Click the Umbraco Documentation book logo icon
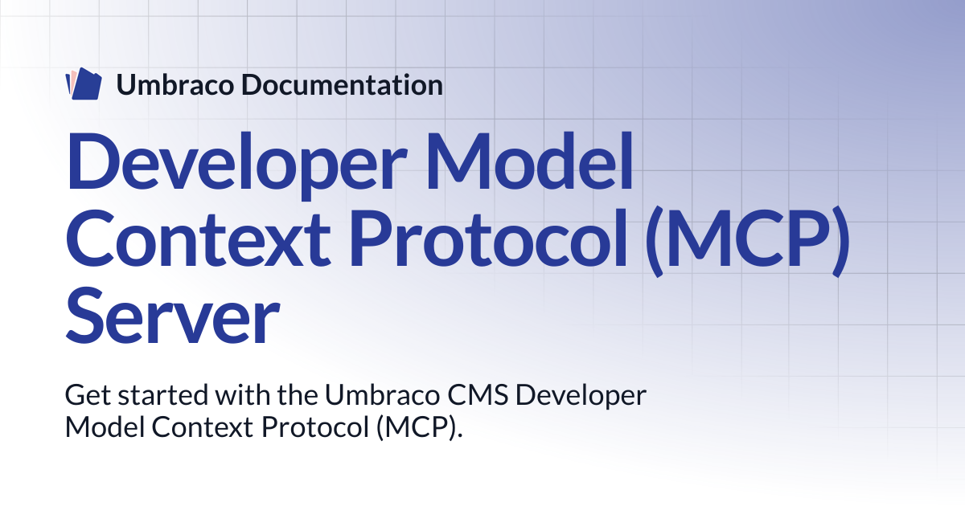tap(84, 84)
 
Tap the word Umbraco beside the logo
tap(175, 85)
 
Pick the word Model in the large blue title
tap(529, 161)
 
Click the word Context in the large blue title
tap(199, 239)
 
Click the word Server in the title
tap(173, 316)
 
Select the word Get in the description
tap(88, 395)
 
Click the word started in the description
tap(163, 395)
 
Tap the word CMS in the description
tap(478, 395)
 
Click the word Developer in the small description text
tap(581, 397)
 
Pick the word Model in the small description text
tap(105, 427)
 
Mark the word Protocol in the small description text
tap(315, 427)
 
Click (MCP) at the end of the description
tap(420, 429)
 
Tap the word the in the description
tap(298, 394)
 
